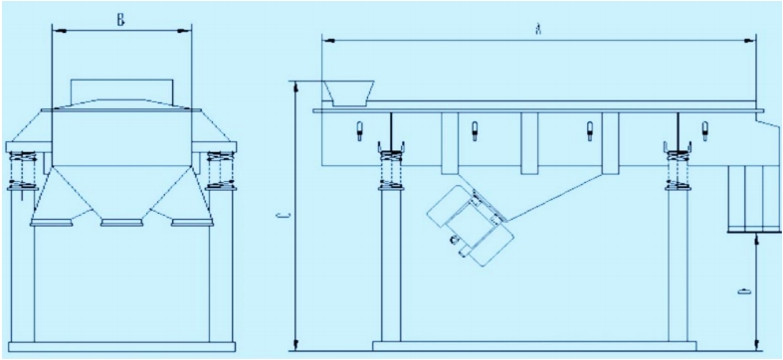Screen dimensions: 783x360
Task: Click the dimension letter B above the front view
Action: [120, 21]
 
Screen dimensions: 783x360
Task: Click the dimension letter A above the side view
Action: [538, 31]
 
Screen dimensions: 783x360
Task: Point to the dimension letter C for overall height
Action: [284, 216]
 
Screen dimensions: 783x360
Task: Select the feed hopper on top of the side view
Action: [349, 93]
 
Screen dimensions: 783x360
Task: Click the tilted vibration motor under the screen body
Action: [471, 225]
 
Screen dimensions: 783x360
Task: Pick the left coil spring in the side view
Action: [391, 171]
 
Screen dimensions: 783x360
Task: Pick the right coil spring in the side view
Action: [678, 171]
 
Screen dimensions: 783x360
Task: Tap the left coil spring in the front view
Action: [23, 171]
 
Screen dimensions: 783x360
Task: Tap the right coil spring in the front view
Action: [220, 171]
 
